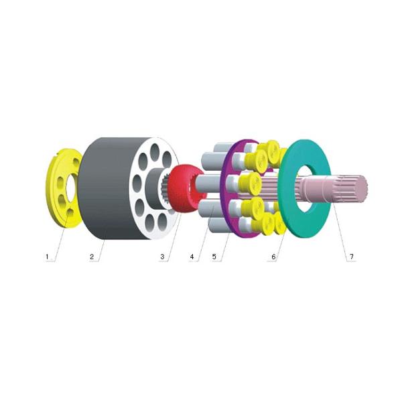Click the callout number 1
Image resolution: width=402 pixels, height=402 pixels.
[47, 257]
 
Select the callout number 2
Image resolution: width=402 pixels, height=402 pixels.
[92, 257]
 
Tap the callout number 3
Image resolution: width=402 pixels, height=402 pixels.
[161, 257]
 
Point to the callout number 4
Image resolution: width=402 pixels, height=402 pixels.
[192, 257]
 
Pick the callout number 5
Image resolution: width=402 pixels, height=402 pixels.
[215, 257]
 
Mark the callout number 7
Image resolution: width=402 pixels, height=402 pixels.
[350, 257]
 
